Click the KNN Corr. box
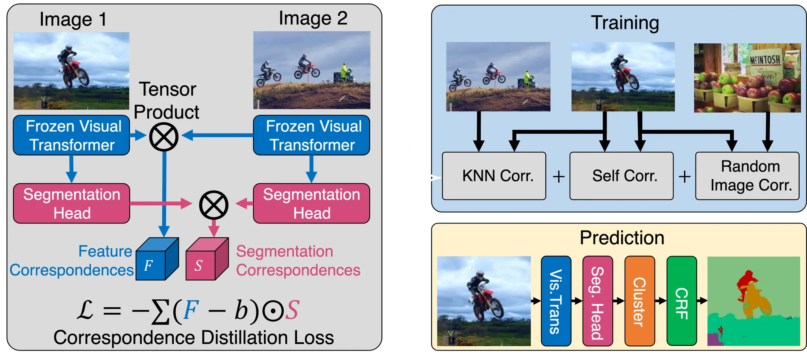tap(494, 176)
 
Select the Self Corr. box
tap(621, 176)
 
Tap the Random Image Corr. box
tap(747, 176)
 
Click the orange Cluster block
tap(640, 301)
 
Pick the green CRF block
tap(682, 301)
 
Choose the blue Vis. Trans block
tap(556, 301)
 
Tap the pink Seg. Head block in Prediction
tap(597, 301)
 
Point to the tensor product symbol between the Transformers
tap(164, 137)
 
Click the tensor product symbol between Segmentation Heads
tap(214, 205)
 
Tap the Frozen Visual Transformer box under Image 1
tap(71, 135)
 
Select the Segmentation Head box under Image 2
tap(311, 203)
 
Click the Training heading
tap(625, 23)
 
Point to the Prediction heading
tap(622, 238)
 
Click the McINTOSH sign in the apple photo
tap(764, 60)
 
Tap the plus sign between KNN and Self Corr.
tap(558, 177)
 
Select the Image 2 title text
tap(313, 18)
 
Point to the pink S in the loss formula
tap(292, 310)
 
